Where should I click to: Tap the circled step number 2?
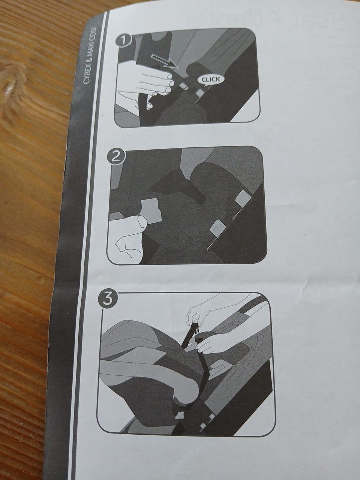click(116, 157)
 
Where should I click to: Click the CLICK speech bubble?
click(211, 79)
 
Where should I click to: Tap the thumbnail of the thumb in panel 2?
click(142, 222)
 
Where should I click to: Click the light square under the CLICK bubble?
click(200, 93)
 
